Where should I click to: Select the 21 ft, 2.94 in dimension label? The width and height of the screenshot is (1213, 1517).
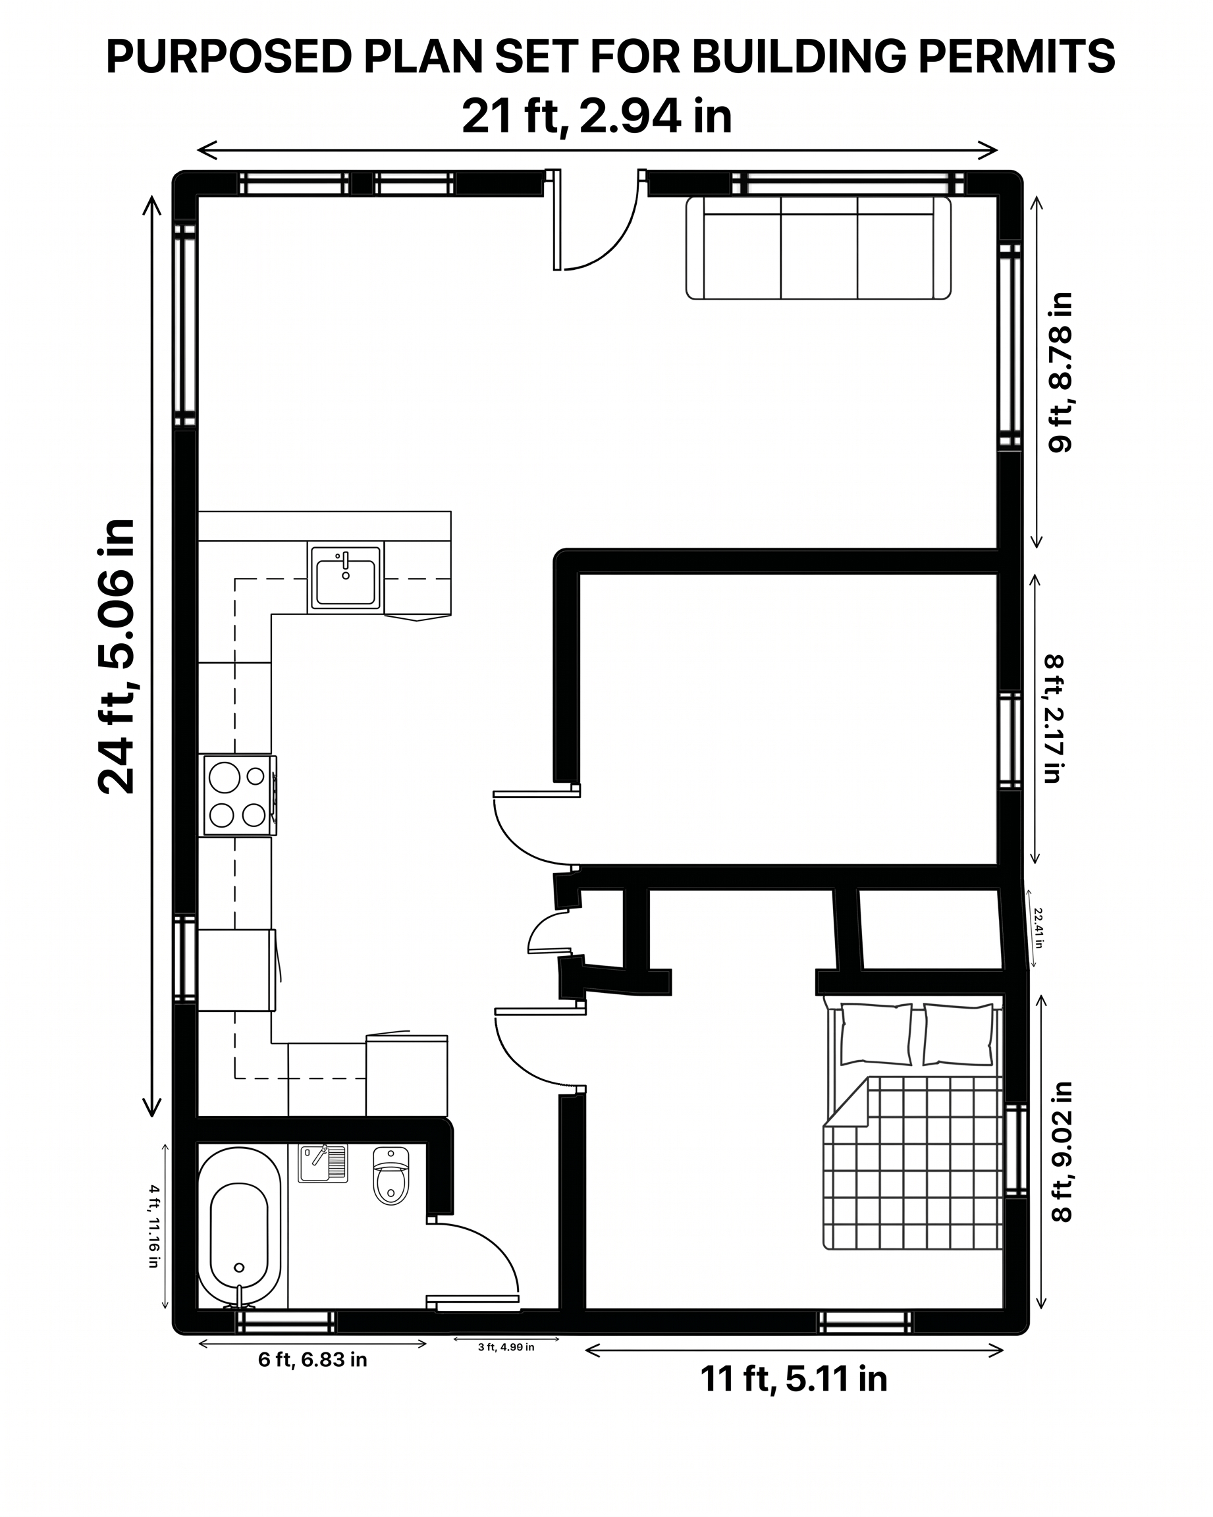coord(597,116)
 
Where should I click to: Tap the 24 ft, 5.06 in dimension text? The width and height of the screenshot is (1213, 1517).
coord(117,656)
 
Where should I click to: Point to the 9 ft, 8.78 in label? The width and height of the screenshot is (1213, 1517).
coord(1060,372)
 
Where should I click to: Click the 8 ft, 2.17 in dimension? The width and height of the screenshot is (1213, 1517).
coord(1054,719)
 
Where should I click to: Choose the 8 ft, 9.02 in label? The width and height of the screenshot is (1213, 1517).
coord(1061,1152)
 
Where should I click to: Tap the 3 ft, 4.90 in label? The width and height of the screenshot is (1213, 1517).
coord(506,1347)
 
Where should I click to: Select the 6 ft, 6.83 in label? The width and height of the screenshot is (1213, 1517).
coord(312,1360)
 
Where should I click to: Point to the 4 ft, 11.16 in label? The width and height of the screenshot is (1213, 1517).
coord(154,1227)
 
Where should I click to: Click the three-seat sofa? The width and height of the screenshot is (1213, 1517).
coord(819,248)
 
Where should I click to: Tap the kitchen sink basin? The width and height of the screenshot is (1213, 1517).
coord(346,577)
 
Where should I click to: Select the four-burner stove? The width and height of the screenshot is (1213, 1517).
coord(238,796)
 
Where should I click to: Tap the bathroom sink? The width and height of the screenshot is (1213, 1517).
coord(323,1164)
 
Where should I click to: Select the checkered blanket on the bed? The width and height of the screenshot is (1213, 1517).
coord(913,1162)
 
